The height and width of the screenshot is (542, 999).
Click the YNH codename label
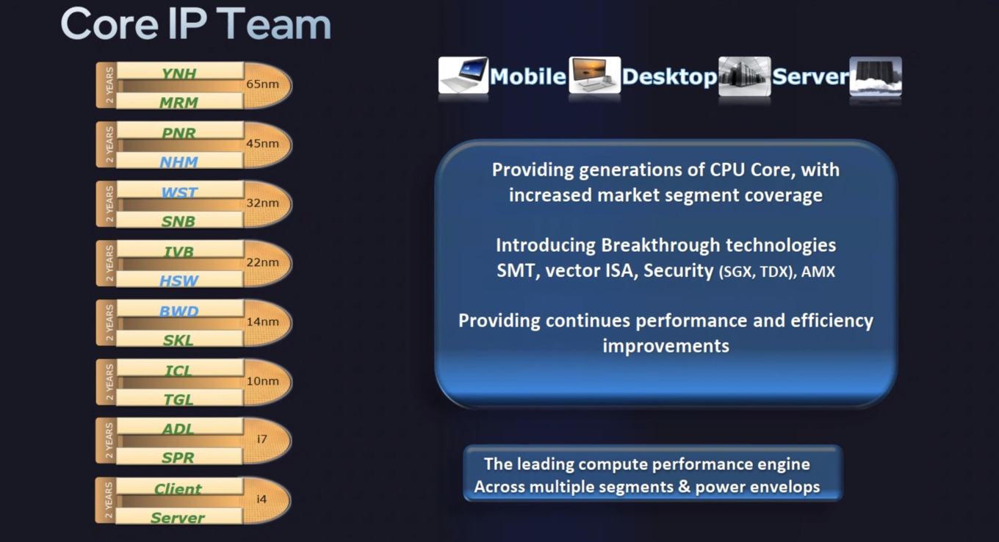click(178, 73)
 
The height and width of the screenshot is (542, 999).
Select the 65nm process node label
click(263, 84)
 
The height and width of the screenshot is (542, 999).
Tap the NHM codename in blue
click(178, 162)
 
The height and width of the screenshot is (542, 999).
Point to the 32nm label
click(263, 203)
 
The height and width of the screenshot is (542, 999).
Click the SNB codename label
click(178, 221)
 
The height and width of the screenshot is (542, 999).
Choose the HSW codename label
click(178, 281)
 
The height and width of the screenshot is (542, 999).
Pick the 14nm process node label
click(263, 322)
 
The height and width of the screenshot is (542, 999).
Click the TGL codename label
click(178, 400)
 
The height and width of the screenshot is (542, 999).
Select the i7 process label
click(262, 439)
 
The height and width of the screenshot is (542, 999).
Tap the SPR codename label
click(178, 458)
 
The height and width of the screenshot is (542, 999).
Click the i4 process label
click(262, 499)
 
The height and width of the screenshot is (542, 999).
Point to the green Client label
click(178, 489)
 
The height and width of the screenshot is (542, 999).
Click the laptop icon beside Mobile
click(463, 75)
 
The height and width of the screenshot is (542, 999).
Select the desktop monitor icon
click(595, 75)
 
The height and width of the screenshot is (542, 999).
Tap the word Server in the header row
click(810, 76)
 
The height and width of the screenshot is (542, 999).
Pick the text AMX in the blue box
click(818, 272)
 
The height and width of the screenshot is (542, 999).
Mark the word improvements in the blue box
click(666, 347)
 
